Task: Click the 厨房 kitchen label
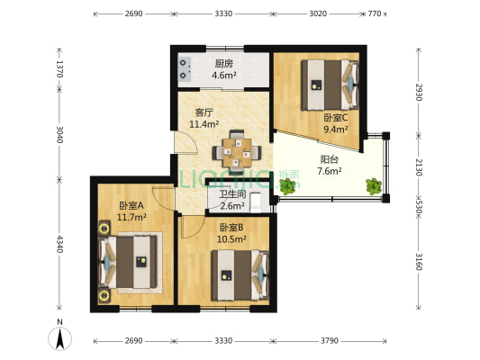tap(223, 64)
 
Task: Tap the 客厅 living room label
tap(204, 112)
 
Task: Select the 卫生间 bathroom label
tap(232, 193)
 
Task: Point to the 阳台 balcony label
tap(330, 159)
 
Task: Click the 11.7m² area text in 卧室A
tap(131, 217)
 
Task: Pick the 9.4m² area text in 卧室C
tap(336, 130)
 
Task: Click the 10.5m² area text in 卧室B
tap(231, 238)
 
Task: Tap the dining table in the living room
tap(237, 152)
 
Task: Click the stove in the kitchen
tap(185, 69)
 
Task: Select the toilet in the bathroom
tap(256, 202)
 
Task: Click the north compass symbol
tap(60, 338)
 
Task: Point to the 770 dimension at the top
tap(375, 13)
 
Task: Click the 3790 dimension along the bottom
tap(330, 341)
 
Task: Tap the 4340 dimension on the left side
tap(59, 244)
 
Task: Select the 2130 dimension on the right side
tap(419, 167)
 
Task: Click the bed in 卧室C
tap(330, 85)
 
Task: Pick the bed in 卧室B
tap(240, 275)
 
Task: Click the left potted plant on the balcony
tap(287, 186)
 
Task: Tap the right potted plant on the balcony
tap(374, 186)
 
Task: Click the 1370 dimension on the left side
tap(59, 69)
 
